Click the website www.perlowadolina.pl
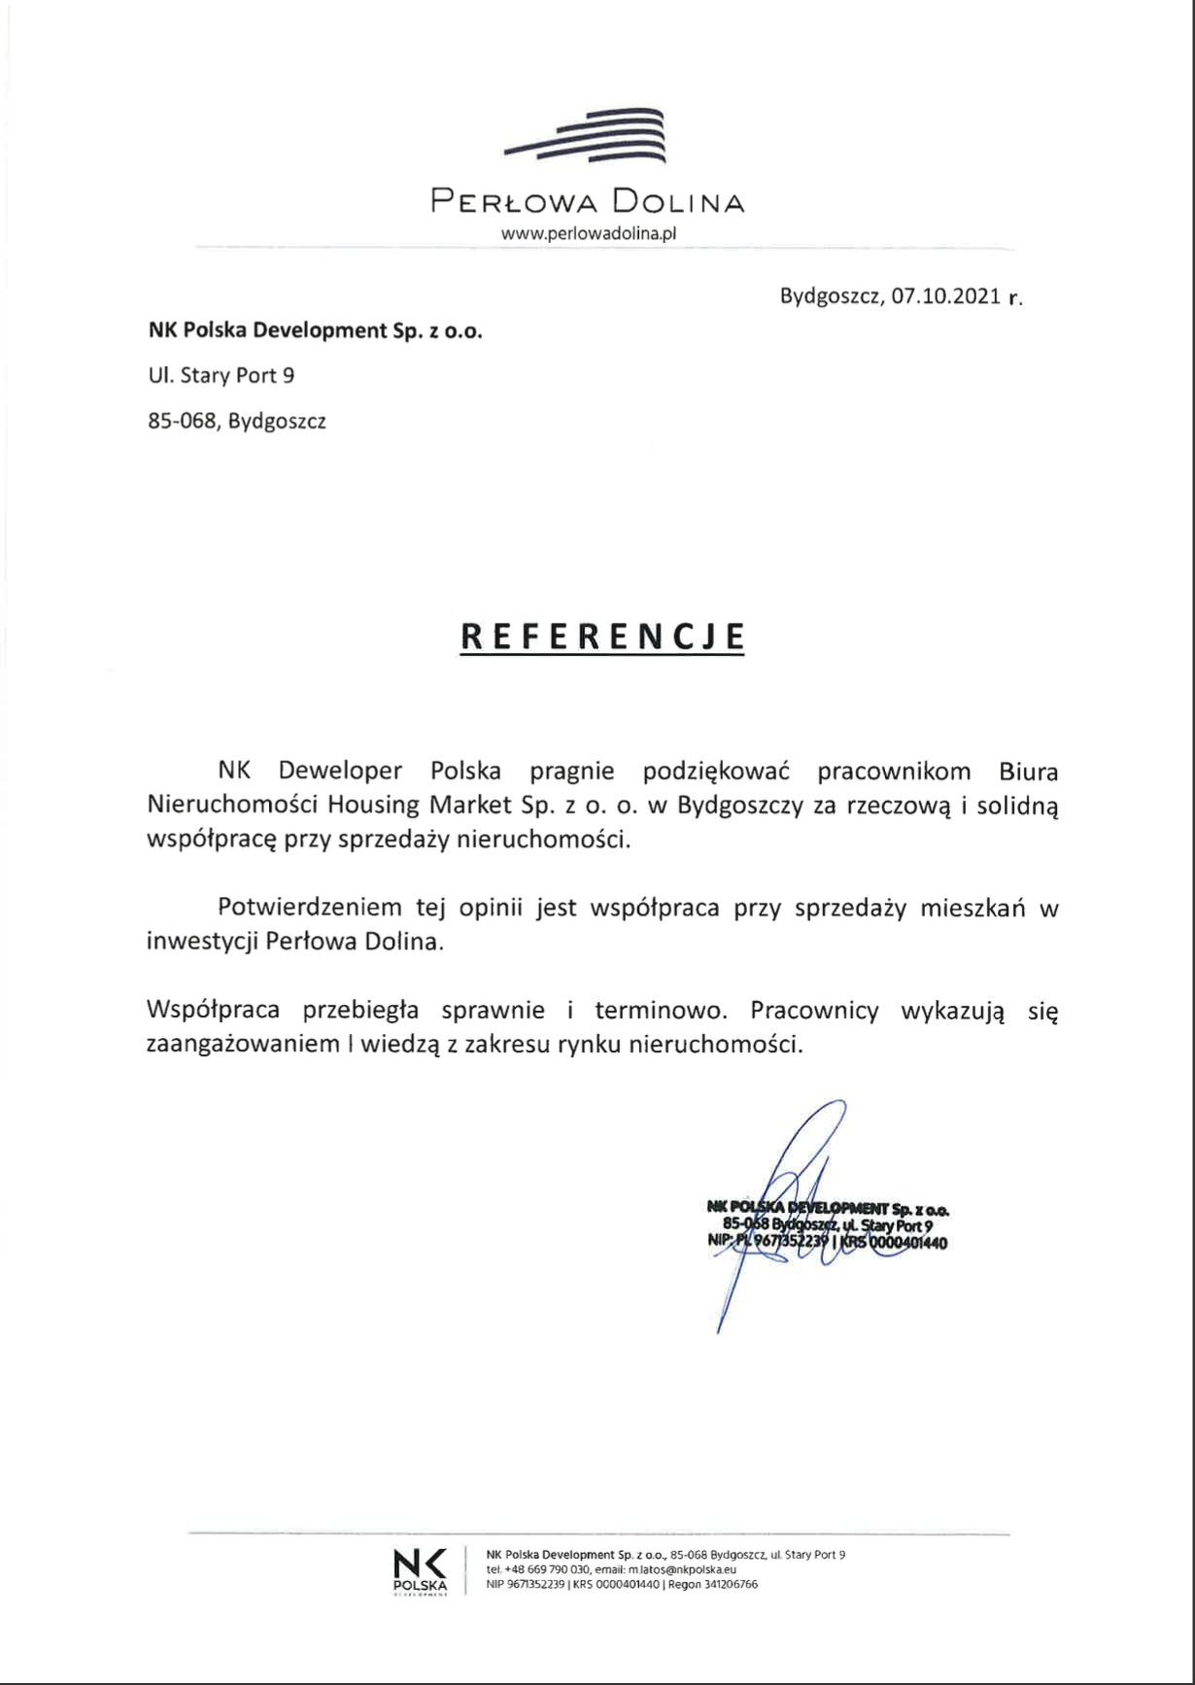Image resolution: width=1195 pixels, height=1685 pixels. tap(588, 233)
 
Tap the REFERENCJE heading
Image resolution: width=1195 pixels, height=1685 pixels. tap(602, 636)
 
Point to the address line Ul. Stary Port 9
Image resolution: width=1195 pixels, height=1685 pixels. tap(222, 376)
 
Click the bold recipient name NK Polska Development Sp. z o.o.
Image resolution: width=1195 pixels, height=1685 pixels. tap(315, 330)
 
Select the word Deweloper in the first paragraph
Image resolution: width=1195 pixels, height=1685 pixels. tap(340, 772)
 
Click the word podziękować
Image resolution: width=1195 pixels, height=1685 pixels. tap(716, 772)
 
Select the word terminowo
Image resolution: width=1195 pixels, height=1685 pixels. tap(661, 1011)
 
